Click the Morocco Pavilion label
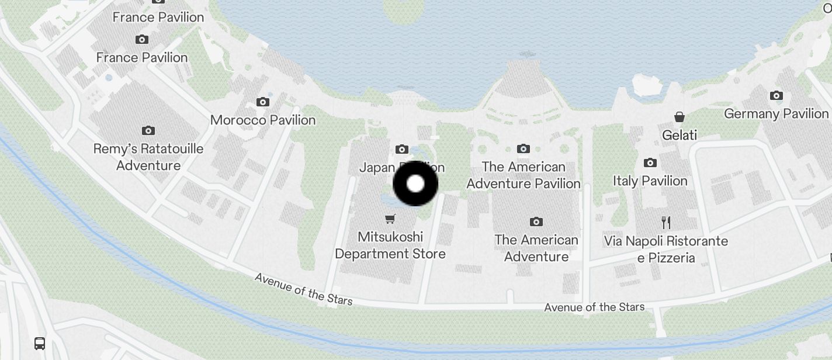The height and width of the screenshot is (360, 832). point(263,120)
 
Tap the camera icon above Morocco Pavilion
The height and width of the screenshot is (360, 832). point(263,102)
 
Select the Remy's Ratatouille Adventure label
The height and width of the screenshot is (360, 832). point(148,157)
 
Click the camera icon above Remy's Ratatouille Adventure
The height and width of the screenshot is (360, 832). point(148,130)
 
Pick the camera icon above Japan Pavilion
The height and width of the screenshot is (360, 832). point(401,149)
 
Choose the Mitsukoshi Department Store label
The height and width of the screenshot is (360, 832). point(390,245)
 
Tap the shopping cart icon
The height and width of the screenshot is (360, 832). point(390,219)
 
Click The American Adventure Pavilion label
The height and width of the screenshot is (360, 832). point(524,175)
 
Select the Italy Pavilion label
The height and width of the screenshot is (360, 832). point(650,181)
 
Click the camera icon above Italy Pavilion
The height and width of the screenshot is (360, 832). point(650,163)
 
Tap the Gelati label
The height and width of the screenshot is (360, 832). point(680,136)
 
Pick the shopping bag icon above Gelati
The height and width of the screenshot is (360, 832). point(680,117)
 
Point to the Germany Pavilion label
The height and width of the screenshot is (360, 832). point(776,114)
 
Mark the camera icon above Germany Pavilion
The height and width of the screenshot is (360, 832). point(776,96)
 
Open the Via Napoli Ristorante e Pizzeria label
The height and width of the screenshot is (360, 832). point(666,250)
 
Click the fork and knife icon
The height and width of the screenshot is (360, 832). point(666,222)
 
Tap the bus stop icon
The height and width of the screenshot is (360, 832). point(40,343)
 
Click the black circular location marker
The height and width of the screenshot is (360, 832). point(415,184)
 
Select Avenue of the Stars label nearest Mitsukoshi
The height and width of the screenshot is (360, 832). point(304,289)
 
